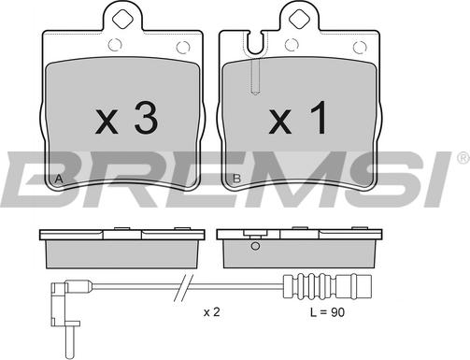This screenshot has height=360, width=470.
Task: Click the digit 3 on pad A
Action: click(146, 118)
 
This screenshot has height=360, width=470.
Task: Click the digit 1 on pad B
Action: click(319, 118)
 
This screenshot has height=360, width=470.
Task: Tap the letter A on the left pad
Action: click(59, 180)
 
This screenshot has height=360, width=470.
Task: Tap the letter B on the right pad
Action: click(237, 179)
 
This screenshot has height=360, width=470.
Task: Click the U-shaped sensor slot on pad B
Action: click(255, 44)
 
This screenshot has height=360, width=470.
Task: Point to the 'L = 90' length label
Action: click(327, 312)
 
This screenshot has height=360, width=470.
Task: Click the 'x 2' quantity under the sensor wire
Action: click(212, 311)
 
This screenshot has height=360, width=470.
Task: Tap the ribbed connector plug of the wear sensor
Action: click(327, 287)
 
